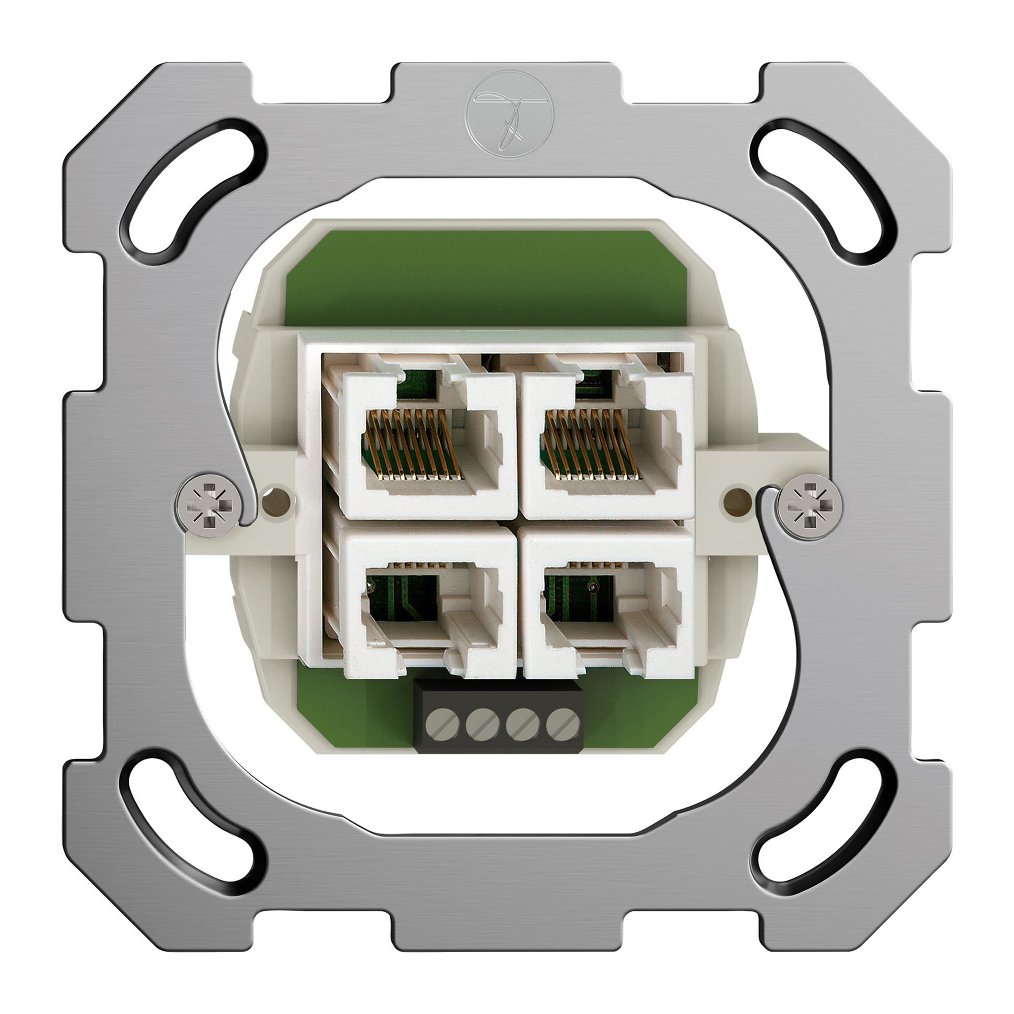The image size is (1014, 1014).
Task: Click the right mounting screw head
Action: click(x=811, y=505)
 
